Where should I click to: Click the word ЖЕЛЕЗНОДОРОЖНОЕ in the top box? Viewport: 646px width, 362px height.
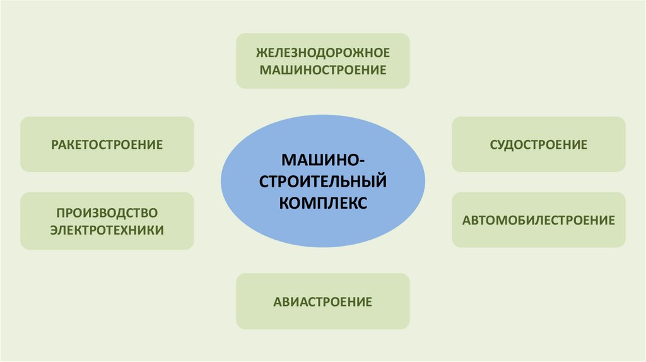coord(322,52)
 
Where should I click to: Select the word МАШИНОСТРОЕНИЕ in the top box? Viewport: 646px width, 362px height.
coord(322,69)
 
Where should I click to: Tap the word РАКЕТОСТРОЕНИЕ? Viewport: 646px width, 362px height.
coord(107,144)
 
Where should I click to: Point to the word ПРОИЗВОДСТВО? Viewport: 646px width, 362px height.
coord(107,212)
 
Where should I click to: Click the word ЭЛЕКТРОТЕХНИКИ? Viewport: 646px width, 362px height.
coord(107,230)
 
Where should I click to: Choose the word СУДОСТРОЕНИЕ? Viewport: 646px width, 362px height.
coord(539,144)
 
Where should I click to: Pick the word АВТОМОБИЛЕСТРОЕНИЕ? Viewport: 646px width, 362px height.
coord(539,220)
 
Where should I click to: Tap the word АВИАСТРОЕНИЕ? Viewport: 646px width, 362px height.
coord(322,301)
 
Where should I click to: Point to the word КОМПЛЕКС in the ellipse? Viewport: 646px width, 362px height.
coord(322,204)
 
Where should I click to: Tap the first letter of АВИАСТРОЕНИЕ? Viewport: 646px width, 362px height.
coord(278,301)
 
